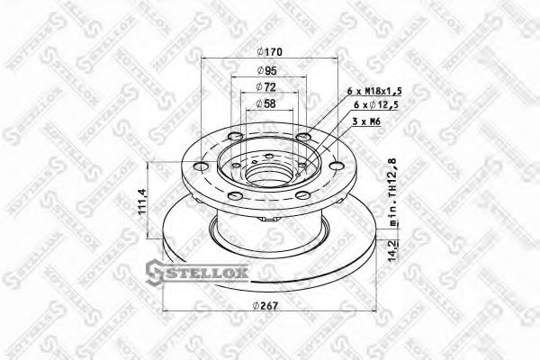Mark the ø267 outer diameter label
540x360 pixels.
(265, 307)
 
